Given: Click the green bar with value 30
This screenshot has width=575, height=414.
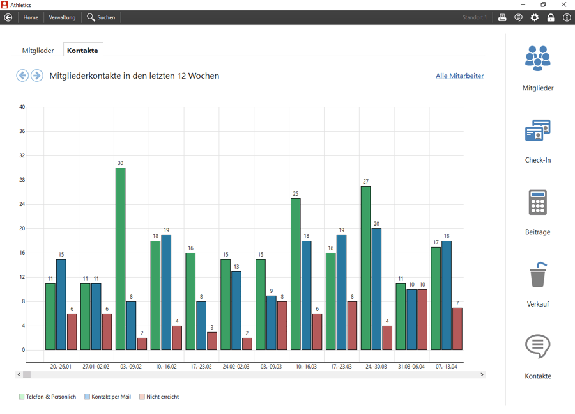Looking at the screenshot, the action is pyautogui.click(x=121, y=259).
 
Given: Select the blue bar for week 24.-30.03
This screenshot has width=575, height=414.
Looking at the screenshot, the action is pyautogui.click(x=376, y=289).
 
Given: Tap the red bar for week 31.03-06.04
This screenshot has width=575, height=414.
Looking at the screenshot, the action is pyautogui.click(x=422, y=319).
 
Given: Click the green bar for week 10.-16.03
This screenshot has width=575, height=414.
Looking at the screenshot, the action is pyautogui.click(x=296, y=274).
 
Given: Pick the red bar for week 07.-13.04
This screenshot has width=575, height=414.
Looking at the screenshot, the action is pyautogui.click(x=457, y=329).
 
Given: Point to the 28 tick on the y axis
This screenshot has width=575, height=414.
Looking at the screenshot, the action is pyautogui.click(x=22, y=180).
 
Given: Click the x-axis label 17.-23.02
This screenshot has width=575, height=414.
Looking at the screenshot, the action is pyautogui.click(x=201, y=367).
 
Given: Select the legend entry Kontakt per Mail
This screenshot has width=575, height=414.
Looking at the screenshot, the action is pyautogui.click(x=107, y=397).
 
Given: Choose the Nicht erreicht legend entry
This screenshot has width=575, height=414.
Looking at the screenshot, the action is pyautogui.click(x=159, y=397).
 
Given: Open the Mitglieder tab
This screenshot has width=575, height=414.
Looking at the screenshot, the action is pyautogui.click(x=38, y=51).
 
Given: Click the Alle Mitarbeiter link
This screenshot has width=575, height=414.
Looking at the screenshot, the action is pyautogui.click(x=460, y=76).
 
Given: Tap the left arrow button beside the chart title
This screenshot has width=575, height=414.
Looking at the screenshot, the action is pyautogui.click(x=22, y=76).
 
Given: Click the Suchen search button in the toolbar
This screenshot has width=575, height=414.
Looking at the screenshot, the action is pyautogui.click(x=101, y=17).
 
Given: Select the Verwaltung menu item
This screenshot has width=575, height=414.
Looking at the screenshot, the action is pyautogui.click(x=62, y=17).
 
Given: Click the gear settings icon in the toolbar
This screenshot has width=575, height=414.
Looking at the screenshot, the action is pyautogui.click(x=535, y=17).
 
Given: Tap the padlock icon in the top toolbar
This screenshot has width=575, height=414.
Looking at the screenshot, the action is pyautogui.click(x=551, y=17).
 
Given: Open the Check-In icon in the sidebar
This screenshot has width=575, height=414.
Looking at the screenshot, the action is pyautogui.click(x=537, y=131).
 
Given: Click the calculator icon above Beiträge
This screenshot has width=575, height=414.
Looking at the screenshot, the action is pyautogui.click(x=537, y=202).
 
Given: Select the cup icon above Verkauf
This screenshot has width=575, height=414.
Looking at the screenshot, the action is pyautogui.click(x=538, y=274).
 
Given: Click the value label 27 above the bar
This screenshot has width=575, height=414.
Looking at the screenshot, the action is pyautogui.click(x=365, y=182).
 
